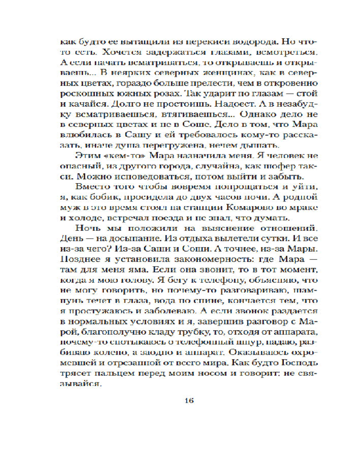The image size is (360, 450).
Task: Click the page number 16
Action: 188,401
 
